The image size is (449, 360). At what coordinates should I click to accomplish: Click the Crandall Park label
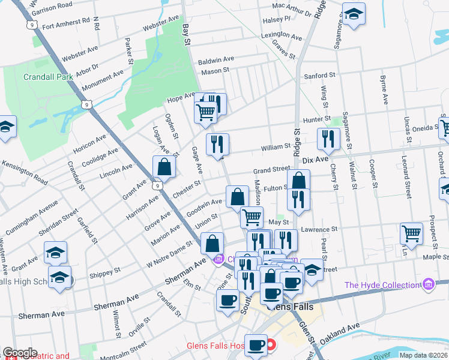pyautogui.click(x=48, y=77)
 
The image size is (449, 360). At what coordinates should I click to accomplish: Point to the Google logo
pyautogui.click(x=20, y=353)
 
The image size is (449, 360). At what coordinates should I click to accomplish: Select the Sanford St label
pyautogui.click(x=319, y=76)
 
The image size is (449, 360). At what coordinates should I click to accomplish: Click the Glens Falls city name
pyautogui.click(x=289, y=307)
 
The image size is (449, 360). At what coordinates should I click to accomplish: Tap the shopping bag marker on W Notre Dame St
pyautogui.click(x=212, y=244)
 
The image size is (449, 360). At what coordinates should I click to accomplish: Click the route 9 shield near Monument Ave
pyautogui.click(x=88, y=104)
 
